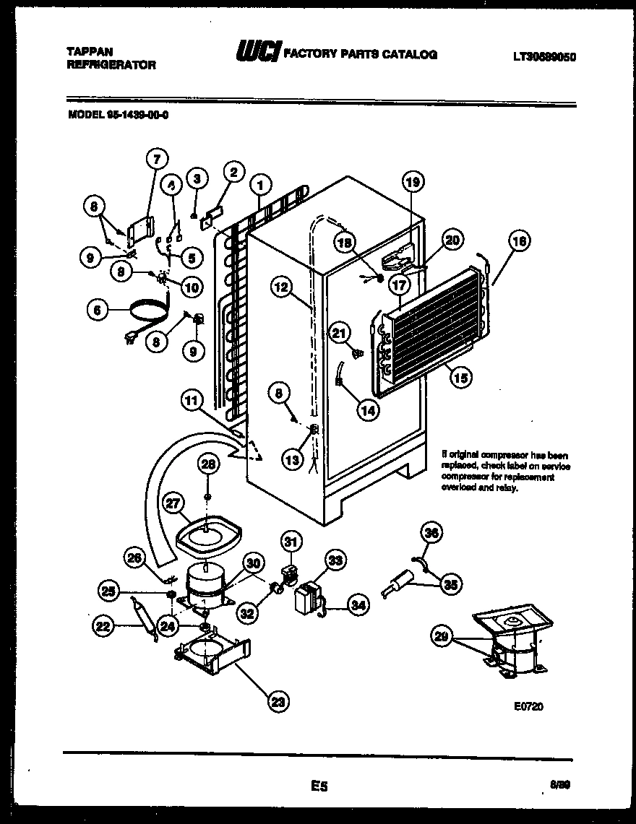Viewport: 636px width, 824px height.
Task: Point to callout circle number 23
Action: pyautogui.click(x=277, y=699)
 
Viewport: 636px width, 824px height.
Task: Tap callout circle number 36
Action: pyautogui.click(x=431, y=534)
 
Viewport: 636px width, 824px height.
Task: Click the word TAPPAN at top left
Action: pyautogui.click(x=85, y=52)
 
